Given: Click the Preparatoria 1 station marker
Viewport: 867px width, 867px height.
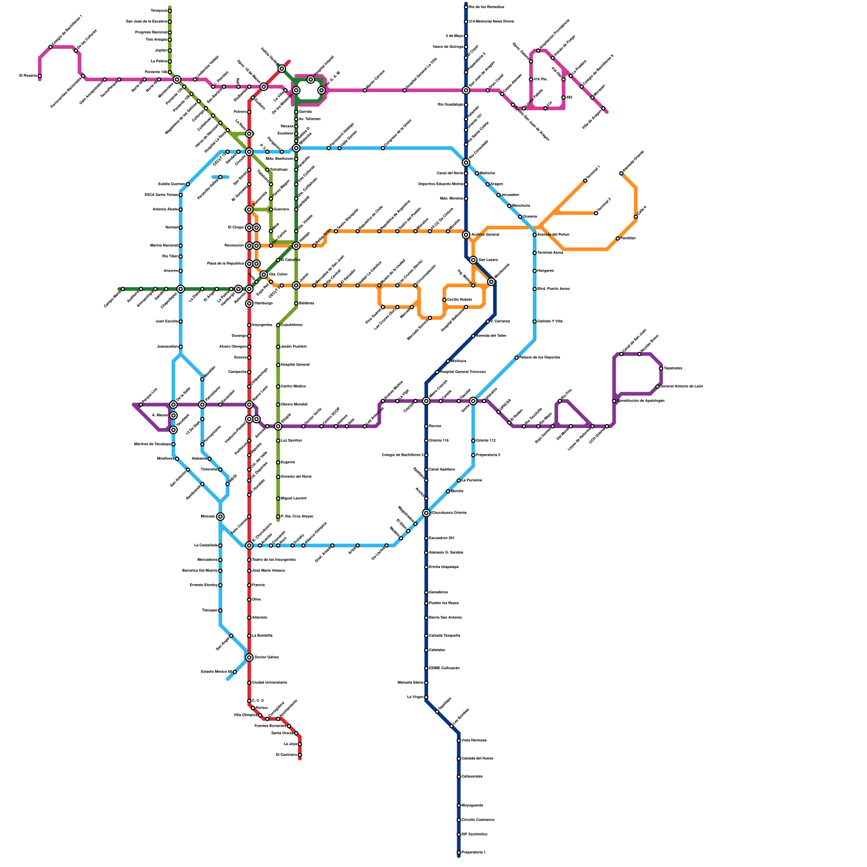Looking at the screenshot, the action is coord(458,852).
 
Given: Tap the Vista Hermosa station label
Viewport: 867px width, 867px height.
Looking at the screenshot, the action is coord(474,740).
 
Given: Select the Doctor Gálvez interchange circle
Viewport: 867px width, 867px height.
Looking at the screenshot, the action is coord(249,657).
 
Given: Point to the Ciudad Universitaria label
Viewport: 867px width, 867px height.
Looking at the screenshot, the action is coord(269,683).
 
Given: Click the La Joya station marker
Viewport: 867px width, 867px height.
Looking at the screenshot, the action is coord(300,744).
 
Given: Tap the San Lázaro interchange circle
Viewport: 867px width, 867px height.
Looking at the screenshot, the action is coord(473,260).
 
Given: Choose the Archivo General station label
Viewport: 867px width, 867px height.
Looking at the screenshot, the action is coord(485,235).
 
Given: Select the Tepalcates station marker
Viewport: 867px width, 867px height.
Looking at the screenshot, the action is coord(661,368).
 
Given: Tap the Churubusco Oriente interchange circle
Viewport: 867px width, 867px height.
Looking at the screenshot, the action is coord(426,513).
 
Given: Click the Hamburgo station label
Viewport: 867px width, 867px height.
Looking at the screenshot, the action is coord(263,303).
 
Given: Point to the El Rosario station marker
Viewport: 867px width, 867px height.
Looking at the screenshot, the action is coord(40,76).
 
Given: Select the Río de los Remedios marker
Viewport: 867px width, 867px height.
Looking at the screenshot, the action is coord(466,7).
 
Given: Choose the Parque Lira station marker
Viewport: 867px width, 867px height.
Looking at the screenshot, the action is coord(141,405).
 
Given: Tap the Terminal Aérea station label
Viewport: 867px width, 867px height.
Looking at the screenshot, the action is coord(550,253).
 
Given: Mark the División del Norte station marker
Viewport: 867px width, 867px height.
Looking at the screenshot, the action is coord(278,477).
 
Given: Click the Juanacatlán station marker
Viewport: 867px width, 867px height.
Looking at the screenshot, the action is coord(180,347).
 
